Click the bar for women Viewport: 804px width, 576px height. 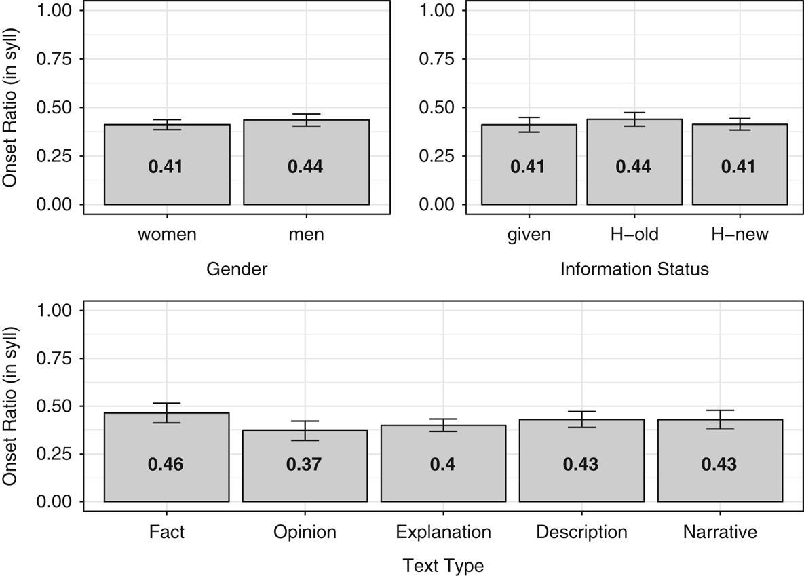[x=167, y=164]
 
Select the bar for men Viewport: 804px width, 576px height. [x=306, y=162]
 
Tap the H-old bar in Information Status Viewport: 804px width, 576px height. [x=634, y=161]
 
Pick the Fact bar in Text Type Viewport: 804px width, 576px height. [x=167, y=457]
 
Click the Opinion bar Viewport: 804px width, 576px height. [x=305, y=465]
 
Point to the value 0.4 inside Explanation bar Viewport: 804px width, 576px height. [x=443, y=464]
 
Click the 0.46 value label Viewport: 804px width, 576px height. [x=166, y=464]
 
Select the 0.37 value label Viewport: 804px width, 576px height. [x=304, y=464]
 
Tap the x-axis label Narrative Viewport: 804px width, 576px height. [x=720, y=532]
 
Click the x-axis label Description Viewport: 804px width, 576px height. [x=581, y=532]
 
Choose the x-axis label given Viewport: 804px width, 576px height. [x=529, y=234]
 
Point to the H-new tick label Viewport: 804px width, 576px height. [x=740, y=234]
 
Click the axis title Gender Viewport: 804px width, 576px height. [x=237, y=269]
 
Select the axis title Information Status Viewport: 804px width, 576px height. [x=634, y=269]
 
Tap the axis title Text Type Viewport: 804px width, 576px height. [x=444, y=565]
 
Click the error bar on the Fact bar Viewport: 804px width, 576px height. [x=167, y=413]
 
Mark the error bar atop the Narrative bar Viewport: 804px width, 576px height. [x=720, y=419]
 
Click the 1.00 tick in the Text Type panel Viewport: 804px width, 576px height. [x=54, y=311]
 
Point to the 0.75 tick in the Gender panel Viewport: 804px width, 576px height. [x=54, y=58]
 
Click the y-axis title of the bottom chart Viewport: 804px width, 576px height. [x=9, y=406]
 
